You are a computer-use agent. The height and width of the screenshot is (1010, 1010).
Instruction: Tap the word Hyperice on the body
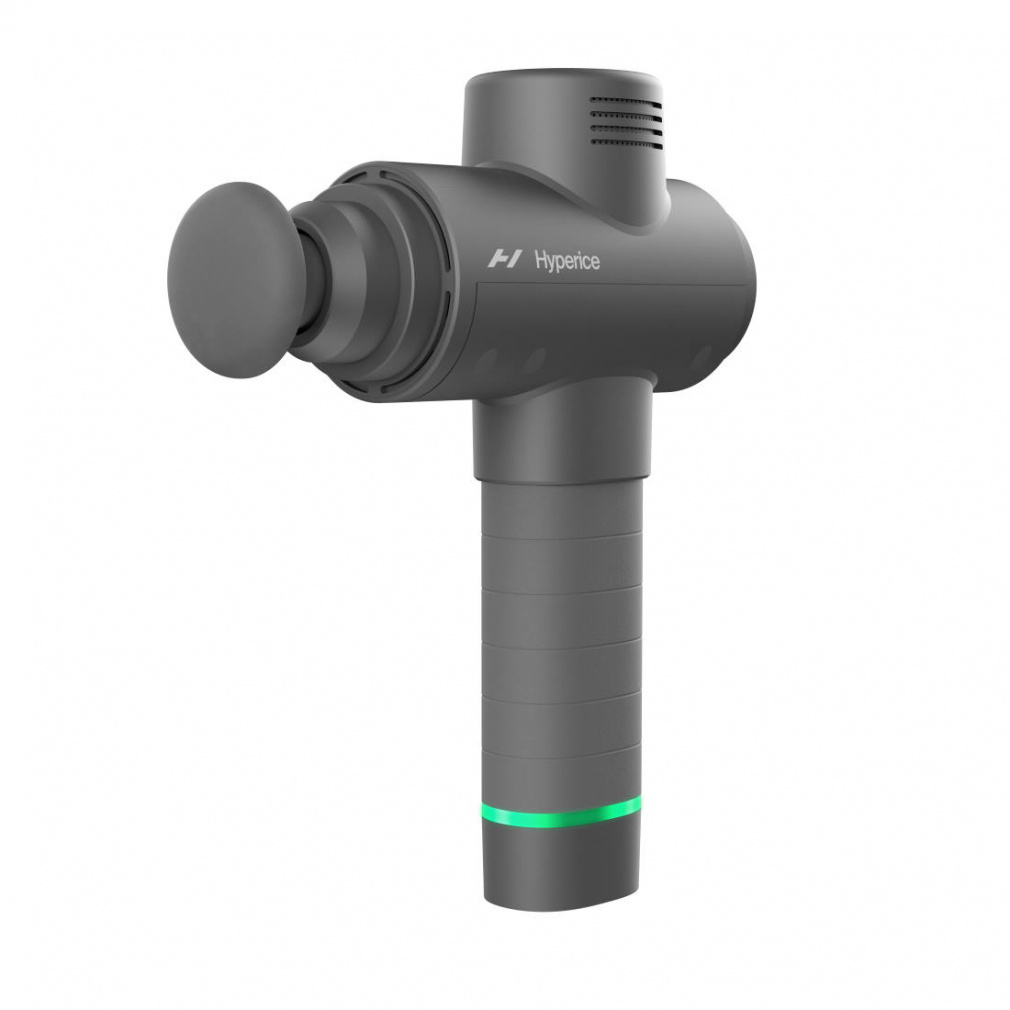[x=567, y=261]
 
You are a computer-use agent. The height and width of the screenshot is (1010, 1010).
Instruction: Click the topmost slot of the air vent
[x=625, y=101]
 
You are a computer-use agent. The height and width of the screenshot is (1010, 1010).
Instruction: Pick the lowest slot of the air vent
[x=625, y=141]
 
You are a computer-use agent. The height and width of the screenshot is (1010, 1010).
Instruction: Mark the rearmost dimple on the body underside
[x=701, y=357]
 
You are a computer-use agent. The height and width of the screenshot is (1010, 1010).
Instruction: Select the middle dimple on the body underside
[x=534, y=360]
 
